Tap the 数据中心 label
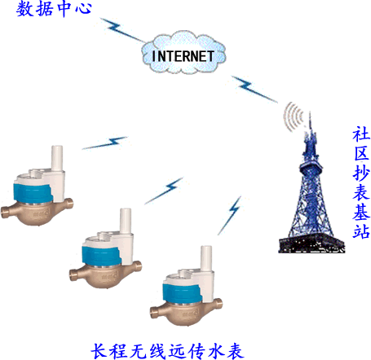click(54, 8)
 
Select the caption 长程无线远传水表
click(167, 351)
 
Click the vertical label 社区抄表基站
click(361, 182)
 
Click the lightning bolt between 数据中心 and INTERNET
click(122, 30)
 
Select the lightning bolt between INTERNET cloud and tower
click(254, 90)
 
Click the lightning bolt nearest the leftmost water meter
click(105, 143)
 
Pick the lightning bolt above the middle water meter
click(164, 191)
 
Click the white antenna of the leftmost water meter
click(57, 158)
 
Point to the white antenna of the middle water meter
click(126, 221)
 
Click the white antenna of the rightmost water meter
click(206, 258)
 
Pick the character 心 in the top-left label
click(83, 8)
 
